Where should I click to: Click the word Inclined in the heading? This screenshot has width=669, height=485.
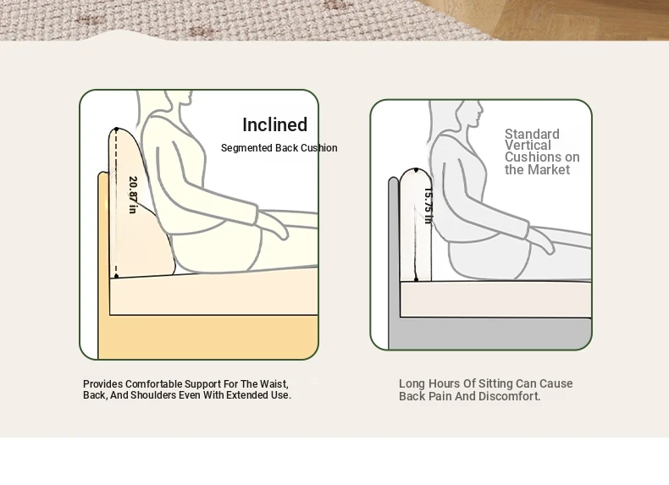click(x=274, y=124)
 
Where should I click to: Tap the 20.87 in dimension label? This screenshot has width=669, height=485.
click(x=133, y=195)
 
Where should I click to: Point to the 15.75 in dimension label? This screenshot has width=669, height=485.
click(x=428, y=206)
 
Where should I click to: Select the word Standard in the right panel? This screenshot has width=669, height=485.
click(x=532, y=134)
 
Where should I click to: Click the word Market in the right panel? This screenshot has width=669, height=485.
click(x=550, y=170)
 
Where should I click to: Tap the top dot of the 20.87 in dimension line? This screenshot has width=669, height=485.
click(x=117, y=129)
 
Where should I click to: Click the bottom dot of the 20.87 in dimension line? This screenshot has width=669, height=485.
click(x=116, y=277)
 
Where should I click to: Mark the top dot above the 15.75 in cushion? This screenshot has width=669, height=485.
click(x=416, y=170)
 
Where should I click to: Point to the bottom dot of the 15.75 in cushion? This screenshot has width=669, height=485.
click(x=417, y=279)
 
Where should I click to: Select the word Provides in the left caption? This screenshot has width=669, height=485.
click(x=102, y=384)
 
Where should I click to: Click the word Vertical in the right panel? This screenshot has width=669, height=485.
click(x=528, y=146)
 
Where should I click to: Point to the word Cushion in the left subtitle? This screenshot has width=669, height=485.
click(x=318, y=148)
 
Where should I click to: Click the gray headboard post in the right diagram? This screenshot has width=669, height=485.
click(x=394, y=262)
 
